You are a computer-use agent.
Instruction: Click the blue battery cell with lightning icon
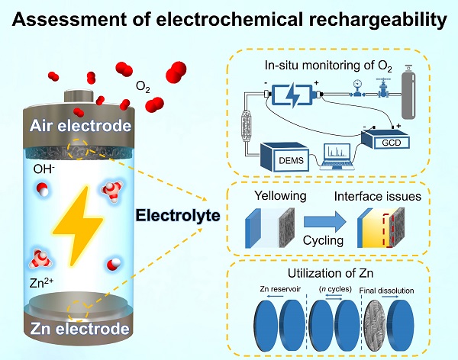click(295, 96)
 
